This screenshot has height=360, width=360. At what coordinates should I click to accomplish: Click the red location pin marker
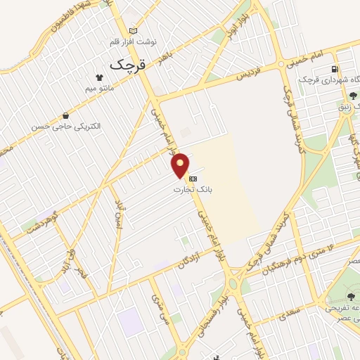(181, 165)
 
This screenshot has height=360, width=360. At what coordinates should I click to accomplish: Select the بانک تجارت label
(196, 190)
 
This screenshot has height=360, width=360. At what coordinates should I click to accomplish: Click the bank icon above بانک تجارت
(193, 179)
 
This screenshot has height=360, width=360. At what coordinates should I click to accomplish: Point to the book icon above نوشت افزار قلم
(134, 31)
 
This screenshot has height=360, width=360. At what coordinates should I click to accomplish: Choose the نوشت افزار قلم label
(134, 41)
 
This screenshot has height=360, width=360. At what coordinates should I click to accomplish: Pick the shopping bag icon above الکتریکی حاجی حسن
(65, 115)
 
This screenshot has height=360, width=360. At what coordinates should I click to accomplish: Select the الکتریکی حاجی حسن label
(66, 127)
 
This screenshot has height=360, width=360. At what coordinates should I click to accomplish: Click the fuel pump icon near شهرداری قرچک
(335, 69)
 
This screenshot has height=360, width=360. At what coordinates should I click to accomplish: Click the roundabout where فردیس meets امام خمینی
(282, 63)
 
